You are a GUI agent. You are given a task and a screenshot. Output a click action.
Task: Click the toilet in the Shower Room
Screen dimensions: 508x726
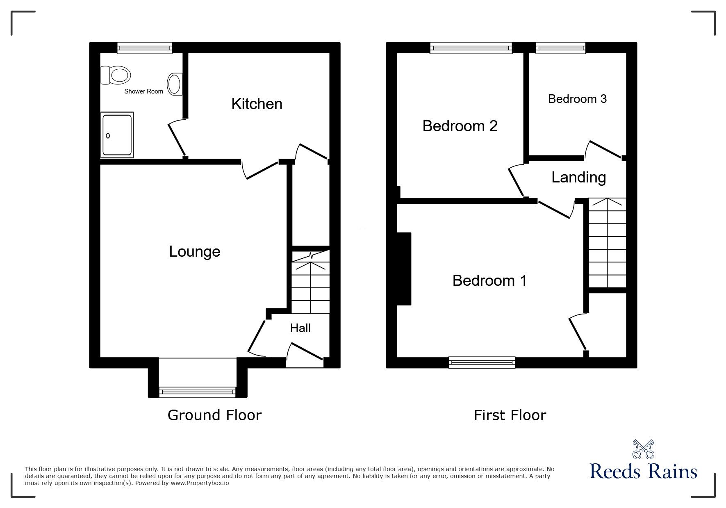click(x=116, y=75)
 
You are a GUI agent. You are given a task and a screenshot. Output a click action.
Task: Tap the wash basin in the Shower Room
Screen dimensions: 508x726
click(x=175, y=84)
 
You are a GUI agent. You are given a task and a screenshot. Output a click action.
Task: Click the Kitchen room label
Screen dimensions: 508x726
click(x=257, y=104)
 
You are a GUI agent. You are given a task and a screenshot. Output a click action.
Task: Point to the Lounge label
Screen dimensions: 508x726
click(x=195, y=251)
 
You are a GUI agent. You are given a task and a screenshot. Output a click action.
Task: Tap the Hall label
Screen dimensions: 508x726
click(x=300, y=328)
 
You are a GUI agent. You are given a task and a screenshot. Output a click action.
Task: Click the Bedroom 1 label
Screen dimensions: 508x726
click(x=489, y=280)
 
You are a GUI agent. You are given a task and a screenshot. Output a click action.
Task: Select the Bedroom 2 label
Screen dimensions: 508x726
click(x=460, y=126)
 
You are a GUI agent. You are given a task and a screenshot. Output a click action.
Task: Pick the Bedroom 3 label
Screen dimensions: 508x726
click(x=577, y=99)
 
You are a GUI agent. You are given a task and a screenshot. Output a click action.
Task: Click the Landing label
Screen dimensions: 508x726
click(x=578, y=177)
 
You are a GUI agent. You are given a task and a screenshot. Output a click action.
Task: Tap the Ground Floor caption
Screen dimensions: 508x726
click(x=214, y=415)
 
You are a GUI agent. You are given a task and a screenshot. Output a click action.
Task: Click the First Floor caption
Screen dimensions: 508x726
click(x=510, y=415)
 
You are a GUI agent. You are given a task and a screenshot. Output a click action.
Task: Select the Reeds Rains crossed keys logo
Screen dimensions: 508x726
click(x=643, y=449)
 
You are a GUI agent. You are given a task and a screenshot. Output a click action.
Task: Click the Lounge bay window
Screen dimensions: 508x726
click(x=197, y=392)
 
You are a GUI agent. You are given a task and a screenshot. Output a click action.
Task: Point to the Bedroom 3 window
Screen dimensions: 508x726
click(x=560, y=48)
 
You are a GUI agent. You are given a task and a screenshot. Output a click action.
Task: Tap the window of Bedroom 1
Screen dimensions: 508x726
click(x=482, y=362)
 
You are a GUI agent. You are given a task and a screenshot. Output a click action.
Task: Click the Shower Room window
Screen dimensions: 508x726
click(x=144, y=48)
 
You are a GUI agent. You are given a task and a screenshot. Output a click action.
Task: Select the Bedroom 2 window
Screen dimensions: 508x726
click(x=471, y=48)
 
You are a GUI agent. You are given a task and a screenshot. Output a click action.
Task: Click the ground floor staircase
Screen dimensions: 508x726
click(x=310, y=283)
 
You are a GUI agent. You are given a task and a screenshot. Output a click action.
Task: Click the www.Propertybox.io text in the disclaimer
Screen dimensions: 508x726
click(x=200, y=483)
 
